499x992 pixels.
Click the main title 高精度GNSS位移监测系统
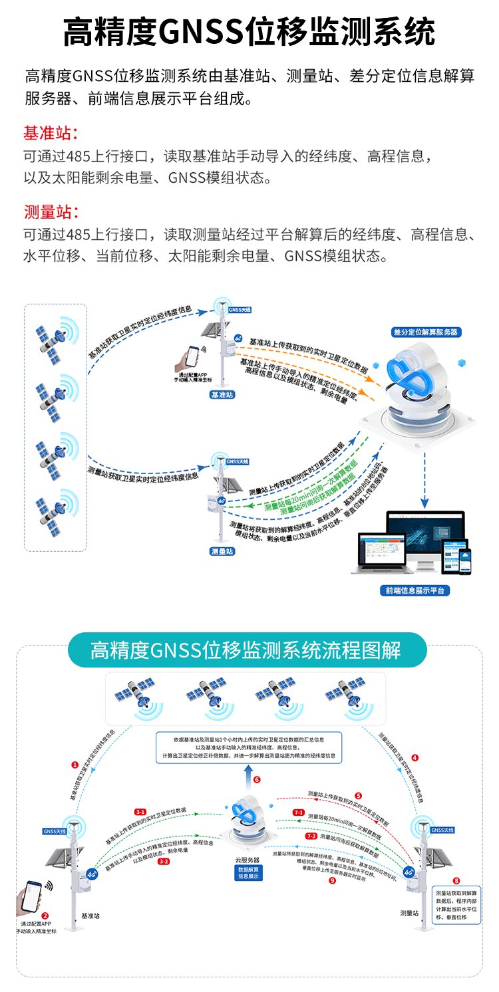(x=249, y=32)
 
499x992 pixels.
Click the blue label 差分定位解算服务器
(x=425, y=332)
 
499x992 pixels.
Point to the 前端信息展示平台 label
(x=414, y=590)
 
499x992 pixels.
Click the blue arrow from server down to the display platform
(x=424, y=479)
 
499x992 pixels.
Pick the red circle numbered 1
(x=75, y=765)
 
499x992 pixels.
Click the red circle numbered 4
(x=415, y=757)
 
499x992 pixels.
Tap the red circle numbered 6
(x=256, y=780)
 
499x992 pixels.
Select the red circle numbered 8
(x=456, y=880)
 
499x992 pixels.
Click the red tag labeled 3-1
(x=140, y=812)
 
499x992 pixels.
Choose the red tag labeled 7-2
(x=311, y=836)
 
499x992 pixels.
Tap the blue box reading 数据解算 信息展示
(x=249, y=872)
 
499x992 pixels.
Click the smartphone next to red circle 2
(x=32, y=896)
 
